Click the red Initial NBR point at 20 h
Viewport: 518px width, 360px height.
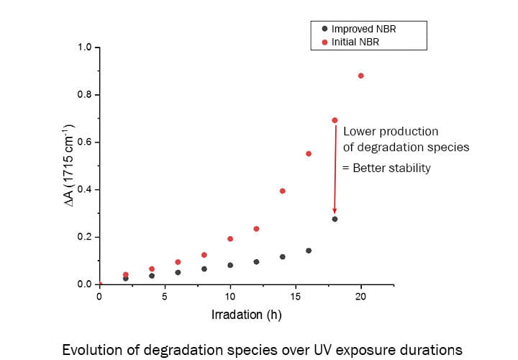click(x=361, y=76)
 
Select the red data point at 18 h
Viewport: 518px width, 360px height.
click(x=335, y=120)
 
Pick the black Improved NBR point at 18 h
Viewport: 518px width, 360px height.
click(x=335, y=219)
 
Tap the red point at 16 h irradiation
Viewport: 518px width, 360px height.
click(x=309, y=153)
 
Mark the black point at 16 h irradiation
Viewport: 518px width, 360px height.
click(x=309, y=251)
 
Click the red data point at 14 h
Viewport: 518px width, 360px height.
click(x=283, y=191)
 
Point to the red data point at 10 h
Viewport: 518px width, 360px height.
click(x=230, y=238)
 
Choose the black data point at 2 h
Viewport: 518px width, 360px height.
click(x=126, y=278)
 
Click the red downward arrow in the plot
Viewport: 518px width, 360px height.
click(x=335, y=169)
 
